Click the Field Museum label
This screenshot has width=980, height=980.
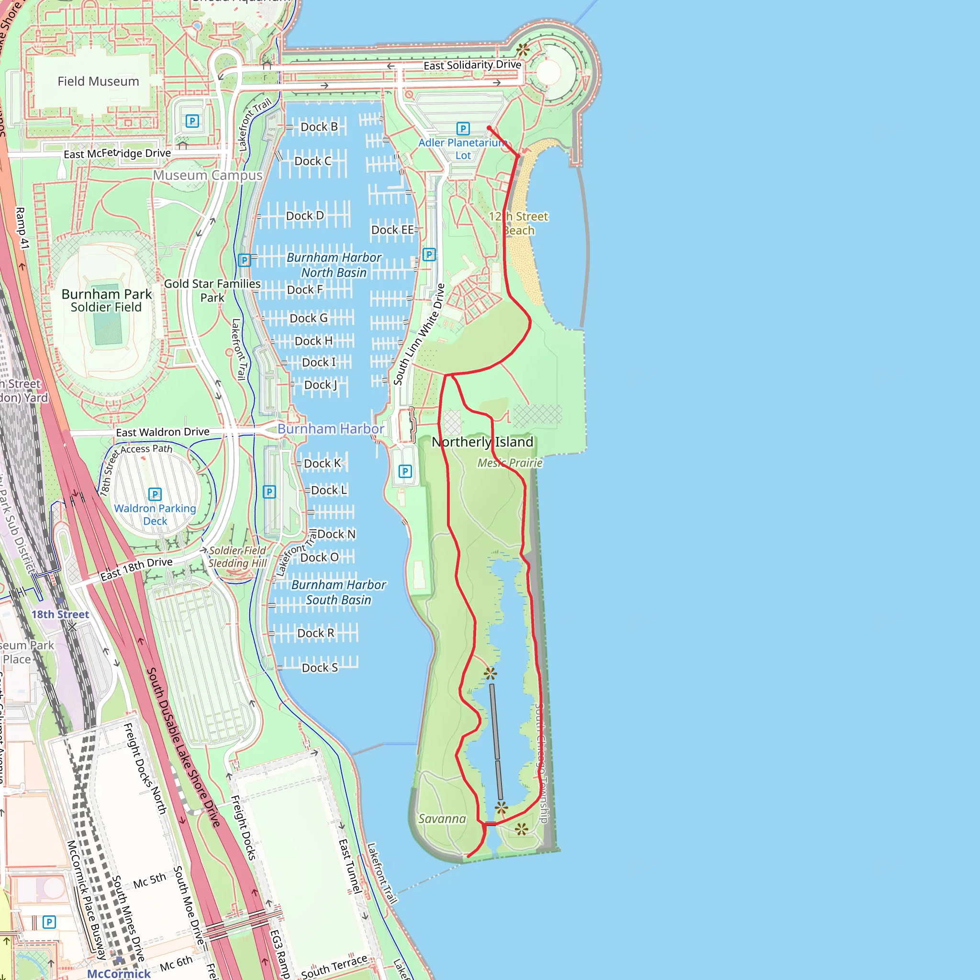tap(98, 81)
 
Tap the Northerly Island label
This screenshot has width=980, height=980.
tap(482, 442)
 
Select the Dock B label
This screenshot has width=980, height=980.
tap(319, 127)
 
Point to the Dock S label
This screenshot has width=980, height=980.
tap(320, 668)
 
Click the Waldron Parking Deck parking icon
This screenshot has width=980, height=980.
tap(155, 493)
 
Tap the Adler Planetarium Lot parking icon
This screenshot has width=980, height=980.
tap(463, 128)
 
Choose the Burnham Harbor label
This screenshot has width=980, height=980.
tap(331, 429)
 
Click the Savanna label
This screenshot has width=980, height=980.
tap(442, 818)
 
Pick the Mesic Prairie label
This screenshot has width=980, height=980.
tap(510, 463)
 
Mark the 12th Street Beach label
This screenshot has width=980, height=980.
tap(518, 223)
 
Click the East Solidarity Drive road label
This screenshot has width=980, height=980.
tap(472, 65)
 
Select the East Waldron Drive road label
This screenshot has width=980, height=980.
tap(163, 432)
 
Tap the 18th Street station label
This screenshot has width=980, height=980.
tap(60, 614)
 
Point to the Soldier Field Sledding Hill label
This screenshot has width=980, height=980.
tap(237, 557)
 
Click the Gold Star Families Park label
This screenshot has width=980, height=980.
tap(212, 290)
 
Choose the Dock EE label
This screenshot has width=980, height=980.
tap(392, 230)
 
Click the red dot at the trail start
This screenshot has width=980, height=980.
tap(489, 128)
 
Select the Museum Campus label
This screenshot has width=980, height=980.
tap(208, 175)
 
